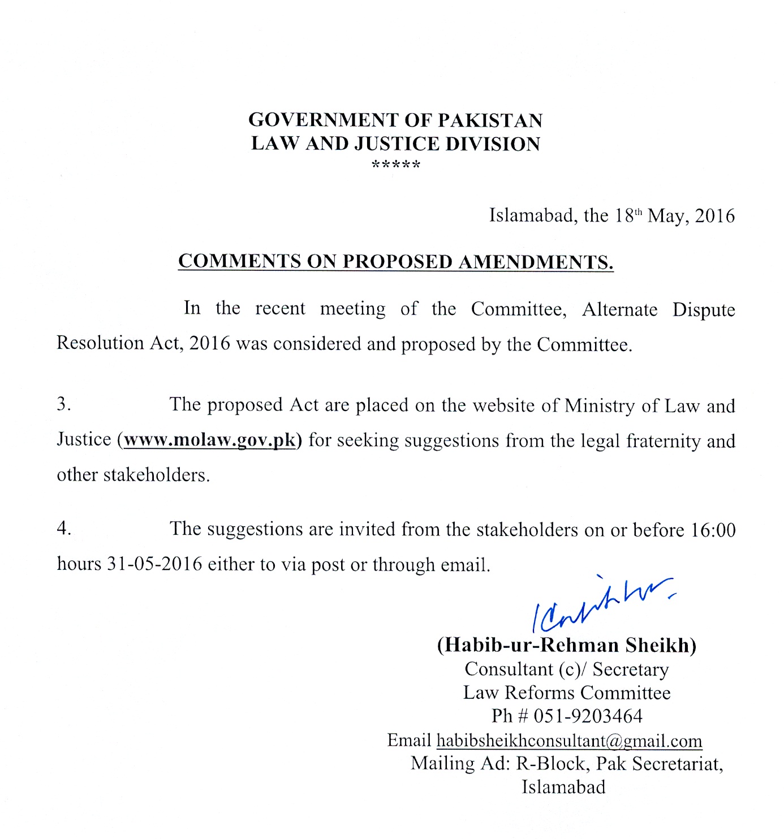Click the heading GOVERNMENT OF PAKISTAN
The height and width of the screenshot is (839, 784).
pos(395,120)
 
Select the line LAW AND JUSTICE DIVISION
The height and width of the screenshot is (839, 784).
pos(395,144)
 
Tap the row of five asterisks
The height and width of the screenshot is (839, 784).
pos(396,166)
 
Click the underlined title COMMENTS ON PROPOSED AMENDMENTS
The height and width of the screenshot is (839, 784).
pos(395,262)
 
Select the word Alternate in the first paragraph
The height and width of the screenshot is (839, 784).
pos(619,309)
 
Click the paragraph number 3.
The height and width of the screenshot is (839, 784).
pos(63,405)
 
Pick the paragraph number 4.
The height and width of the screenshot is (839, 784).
pos(63,529)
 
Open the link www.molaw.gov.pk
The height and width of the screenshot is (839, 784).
pos(209,440)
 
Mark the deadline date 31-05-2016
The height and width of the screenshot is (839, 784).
pos(154,564)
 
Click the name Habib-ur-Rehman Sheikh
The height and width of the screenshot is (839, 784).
pos(566,645)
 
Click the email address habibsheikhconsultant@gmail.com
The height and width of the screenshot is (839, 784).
pos(569,741)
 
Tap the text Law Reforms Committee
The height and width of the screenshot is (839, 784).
pos(567,693)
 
